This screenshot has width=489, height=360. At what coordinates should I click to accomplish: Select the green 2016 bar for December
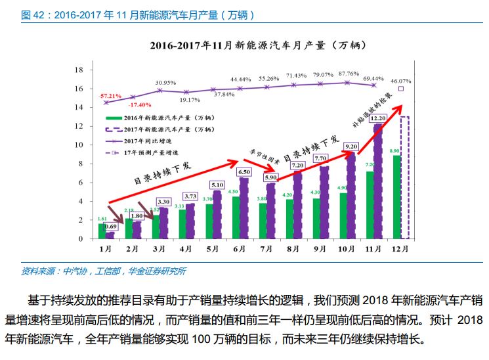click(396, 197)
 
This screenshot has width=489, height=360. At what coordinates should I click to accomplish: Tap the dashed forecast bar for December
click(404, 177)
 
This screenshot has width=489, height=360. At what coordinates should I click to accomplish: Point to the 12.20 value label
click(377, 119)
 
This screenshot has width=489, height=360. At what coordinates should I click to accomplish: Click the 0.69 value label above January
click(111, 226)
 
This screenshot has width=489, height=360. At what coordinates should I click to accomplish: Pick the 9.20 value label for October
click(351, 147)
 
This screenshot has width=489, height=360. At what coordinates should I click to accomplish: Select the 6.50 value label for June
click(244, 172)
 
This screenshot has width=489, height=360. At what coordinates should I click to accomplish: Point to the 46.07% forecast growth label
click(401, 81)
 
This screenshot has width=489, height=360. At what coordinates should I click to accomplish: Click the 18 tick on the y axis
click(79, 70)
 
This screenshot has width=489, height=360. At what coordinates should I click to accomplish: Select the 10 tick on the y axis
click(79, 145)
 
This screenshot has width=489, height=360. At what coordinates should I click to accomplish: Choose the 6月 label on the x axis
click(240, 250)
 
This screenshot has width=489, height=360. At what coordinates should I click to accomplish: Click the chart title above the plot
click(257, 46)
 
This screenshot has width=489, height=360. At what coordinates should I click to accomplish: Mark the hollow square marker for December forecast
click(401, 89)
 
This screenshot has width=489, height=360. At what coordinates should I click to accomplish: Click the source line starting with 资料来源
click(103, 271)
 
